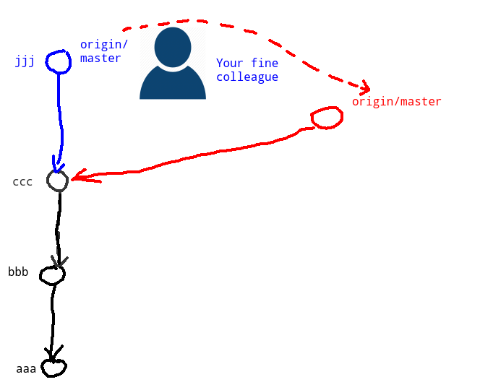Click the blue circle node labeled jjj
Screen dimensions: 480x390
[x=59, y=61]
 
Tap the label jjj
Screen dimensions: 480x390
[x=25, y=61]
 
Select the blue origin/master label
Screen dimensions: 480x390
[x=100, y=51]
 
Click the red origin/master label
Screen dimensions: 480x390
[x=396, y=102]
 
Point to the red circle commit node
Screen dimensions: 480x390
[x=326, y=118]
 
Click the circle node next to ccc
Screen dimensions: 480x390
[x=58, y=181]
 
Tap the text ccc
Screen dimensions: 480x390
[x=22, y=181]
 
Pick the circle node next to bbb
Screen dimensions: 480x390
[x=52, y=274]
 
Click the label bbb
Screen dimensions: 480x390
[x=18, y=272]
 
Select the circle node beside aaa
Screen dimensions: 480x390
[x=53, y=368]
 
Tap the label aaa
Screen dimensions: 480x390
[x=26, y=369]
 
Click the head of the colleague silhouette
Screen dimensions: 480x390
[x=173, y=47]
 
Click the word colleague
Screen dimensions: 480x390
[x=247, y=77]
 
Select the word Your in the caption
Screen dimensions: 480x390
[x=228, y=64]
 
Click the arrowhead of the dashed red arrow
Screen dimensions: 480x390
[x=364, y=87]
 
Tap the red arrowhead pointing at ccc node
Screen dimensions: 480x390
[x=78, y=177]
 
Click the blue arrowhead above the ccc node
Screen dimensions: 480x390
[x=56, y=165]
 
